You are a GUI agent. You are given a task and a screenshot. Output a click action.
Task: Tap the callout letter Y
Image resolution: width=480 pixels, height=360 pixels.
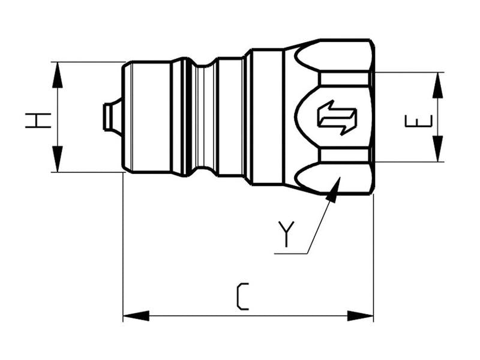click(x=286, y=234)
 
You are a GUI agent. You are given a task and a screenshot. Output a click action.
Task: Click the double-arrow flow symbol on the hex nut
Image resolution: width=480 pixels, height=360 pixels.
click(x=337, y=117)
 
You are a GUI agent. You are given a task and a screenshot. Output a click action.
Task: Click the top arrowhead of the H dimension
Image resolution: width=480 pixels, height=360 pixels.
click(x=58, y=74)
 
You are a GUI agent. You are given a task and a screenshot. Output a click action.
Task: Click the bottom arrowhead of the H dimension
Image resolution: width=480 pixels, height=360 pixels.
click(x=58, y=160)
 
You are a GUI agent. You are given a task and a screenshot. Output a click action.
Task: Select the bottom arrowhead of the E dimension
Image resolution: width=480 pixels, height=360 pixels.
click(x=438, y=149)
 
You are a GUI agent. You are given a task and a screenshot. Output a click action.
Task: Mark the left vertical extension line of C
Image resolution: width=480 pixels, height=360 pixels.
click(x=123, y=246)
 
